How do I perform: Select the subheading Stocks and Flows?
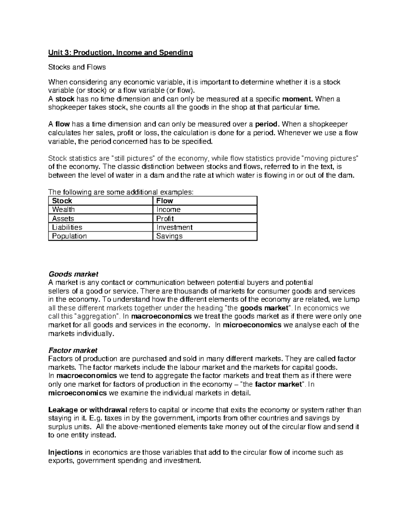(x=77, y=67)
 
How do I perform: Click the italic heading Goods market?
(x=73, y=274)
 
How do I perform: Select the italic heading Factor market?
(x=73, y=350)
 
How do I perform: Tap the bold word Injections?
(x=65, y=452)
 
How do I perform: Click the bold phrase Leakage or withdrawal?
(x=88, y=410)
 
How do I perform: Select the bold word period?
(x=265, y=124)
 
